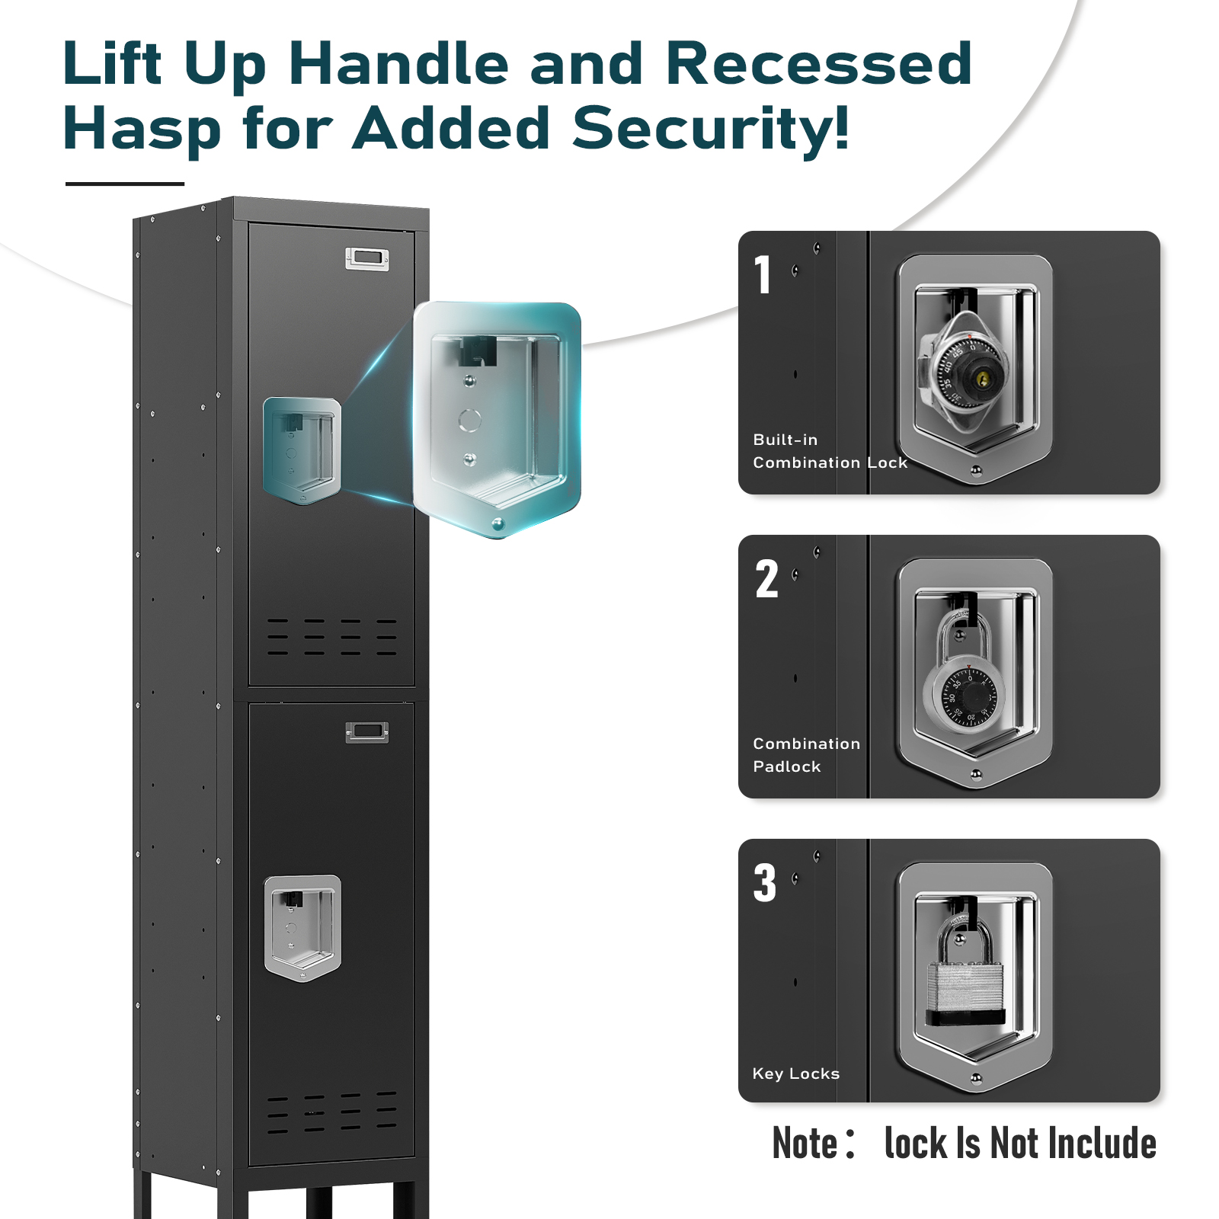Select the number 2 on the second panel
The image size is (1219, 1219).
pyautogui.click(x=767, y=578)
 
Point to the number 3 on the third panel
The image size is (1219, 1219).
pyautogui.click(x=766, y=882)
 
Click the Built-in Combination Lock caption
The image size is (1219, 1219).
pyautogui.click(x=830, y=451)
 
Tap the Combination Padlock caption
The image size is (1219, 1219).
pyautogui.click(x=806, y=755)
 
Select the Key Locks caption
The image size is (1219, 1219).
pyautogui.click(x=796, y=1073)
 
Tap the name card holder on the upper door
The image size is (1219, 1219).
pyautogui.click(x=367, y=259)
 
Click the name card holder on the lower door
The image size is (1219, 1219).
pyautogui.click(x=367, y=732)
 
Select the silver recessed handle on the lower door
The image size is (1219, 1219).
pyautogui.click(x=302, y=928)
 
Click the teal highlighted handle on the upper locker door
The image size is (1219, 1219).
pyautogui.click(x=302, y=450)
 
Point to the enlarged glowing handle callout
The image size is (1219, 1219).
pyautogui.click(x=498, y=419)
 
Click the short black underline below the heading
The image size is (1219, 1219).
pyautogui.click(x=125, y=184)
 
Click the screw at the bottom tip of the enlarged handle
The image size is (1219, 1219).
pyautogui.click(x=498, y=524)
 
